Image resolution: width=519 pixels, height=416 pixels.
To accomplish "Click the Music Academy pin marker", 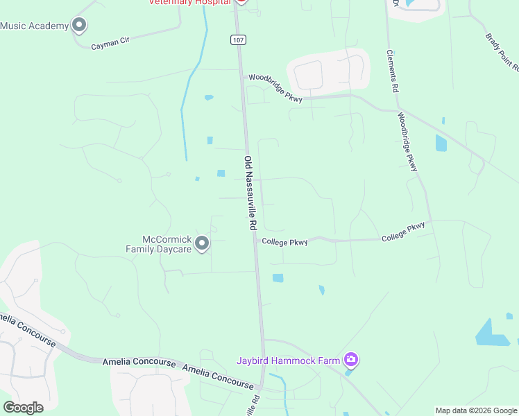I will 79,26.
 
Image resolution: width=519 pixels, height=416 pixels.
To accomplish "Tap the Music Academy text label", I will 34,26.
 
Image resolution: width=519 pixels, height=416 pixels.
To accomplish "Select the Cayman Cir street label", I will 111,44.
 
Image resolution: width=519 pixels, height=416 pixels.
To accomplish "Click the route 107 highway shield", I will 238,40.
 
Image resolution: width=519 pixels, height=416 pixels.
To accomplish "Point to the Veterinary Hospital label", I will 189,3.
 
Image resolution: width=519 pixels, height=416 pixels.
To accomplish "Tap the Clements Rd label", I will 393,71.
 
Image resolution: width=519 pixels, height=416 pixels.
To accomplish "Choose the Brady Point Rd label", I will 502,53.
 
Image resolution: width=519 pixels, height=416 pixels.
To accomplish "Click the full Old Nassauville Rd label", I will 250,193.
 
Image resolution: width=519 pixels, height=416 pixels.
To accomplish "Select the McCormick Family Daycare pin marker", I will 202,243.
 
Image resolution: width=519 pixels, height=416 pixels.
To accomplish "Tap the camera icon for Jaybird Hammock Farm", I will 351,359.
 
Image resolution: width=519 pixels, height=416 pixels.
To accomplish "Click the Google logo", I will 23,407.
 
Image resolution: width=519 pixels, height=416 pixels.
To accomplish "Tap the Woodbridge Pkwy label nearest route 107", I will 275,89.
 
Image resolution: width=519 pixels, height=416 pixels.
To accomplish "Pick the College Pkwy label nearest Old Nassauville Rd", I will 284,242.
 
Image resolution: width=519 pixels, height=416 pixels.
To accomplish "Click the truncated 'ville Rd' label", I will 253,406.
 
